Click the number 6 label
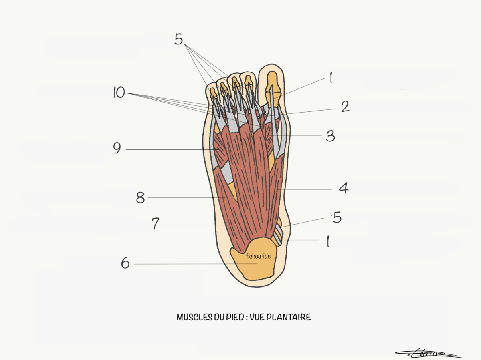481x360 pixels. pyautogui.click(x=125, y=264)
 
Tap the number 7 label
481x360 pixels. pyautogui.click(x=156, y=225)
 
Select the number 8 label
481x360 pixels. pyautogui.click(x=140, y=197)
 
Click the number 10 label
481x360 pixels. pyautogui.click(x=119, y=93)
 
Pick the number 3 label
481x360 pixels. pyautogui.click(x=330, y=136)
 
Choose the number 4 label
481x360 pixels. pyautogui.click(x=344, y=188)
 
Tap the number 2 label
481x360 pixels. pyautogui.click(x=345, y=107)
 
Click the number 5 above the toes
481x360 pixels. pyautogui.click(x=179, y=39)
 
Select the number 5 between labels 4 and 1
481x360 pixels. pyautogui.click(x=337, y=217)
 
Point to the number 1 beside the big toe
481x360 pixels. pyautogui.click(x=330, y=78)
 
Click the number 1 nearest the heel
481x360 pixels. pyautogui.click(x=328, y=241)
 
